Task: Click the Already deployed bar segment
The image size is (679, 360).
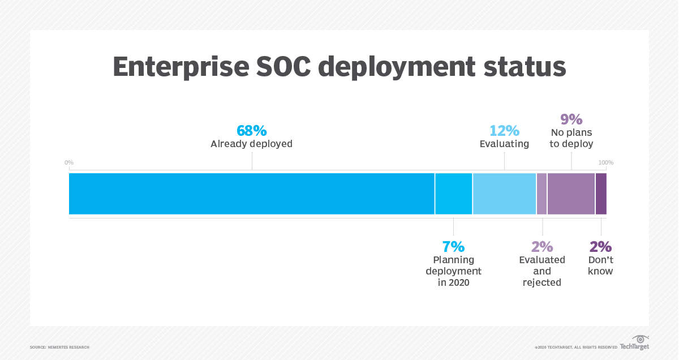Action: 251,194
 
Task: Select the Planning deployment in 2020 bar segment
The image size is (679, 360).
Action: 453,194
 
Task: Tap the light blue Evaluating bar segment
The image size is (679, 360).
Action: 504,194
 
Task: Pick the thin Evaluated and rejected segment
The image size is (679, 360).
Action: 542,194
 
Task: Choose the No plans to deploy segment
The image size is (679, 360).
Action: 571,194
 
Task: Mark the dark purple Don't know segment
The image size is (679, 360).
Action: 601,194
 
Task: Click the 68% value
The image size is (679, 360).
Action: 251,131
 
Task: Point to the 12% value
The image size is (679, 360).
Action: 504,131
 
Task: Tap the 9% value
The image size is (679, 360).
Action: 571,119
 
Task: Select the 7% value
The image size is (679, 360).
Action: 453,247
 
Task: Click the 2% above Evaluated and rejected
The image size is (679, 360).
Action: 542,247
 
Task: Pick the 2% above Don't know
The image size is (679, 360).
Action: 600,247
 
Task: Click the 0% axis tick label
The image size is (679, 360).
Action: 69,163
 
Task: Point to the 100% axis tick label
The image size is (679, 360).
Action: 606,163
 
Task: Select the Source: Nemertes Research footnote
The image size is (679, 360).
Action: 59,347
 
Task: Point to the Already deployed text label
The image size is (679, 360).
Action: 251,144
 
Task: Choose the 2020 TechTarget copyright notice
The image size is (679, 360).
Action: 575,347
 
